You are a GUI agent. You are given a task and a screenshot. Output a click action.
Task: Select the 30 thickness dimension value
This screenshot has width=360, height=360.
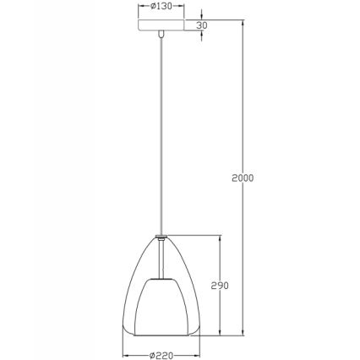[x=201, y=25]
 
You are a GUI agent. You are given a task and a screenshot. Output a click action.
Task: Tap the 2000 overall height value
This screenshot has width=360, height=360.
[x=243, y=177]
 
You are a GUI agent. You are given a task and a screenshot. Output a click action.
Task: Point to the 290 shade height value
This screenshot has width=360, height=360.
[x=221, y=285]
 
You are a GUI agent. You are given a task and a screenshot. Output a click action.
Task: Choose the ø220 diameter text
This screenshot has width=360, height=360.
[x=161, y=356]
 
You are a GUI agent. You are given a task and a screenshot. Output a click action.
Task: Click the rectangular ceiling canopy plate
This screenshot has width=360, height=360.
[x=161, y=25]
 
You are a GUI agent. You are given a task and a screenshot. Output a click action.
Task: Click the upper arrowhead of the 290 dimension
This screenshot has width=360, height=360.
[x=221, y=238]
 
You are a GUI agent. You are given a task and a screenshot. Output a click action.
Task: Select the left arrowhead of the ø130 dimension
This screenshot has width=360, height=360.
[x=141, y=7]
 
